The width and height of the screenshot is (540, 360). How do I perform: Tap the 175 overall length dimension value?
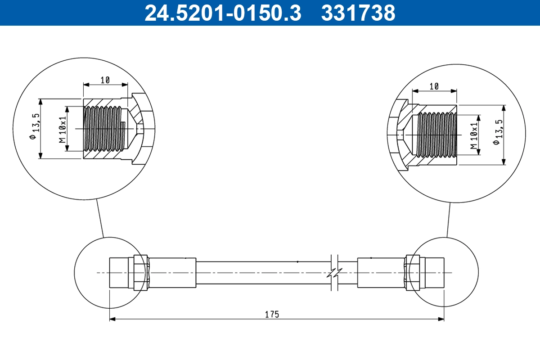pyautogui.click(x=272, y=314)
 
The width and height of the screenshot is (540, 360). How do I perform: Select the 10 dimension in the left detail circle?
pyautogui.click(x=105, y=80)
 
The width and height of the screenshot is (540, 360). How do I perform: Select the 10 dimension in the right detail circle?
pyautogui.click(x=434, y=86)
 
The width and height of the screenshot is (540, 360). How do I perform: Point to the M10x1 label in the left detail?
pyautogui.click(x=63, y=129)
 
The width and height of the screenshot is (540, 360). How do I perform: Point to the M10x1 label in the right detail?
pyautogui.click(x=473, y=135)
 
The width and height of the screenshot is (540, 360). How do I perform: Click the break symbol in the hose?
pyautogui.click(x=334, y=273)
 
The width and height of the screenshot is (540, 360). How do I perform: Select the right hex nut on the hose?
pyautogui.click(x=413, y=273)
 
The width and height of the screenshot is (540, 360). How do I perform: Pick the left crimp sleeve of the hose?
pyautogui.click(x=172, y=273)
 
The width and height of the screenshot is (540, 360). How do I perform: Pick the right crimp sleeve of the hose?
pyautogui.click(x=381, y=273)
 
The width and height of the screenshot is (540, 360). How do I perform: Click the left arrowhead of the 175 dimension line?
pyautogui.click(x=113, y=319)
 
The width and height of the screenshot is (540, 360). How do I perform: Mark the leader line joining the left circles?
pyautogui.click(x=100, y=218)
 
